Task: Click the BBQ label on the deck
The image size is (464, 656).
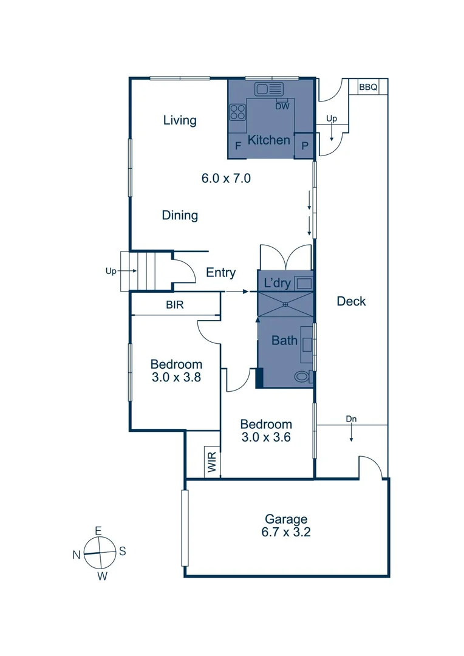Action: click(x=368, y=87)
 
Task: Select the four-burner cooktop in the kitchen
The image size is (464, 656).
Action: click(x=237, y=112)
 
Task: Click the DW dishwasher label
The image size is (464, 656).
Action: click(x=282, y=106)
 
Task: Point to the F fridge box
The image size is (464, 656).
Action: click(x=237, y=145)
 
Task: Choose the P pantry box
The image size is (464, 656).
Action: click(x=304, y=146)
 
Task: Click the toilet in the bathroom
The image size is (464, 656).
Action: click(x=302, y=376)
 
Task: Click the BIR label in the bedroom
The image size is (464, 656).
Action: click(x=175, y=306)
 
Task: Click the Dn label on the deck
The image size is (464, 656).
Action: click(x=351, y=419)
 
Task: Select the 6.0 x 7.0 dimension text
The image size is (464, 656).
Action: click(x=226, y=179)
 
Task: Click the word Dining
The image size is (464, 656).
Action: click(x=180, y=215)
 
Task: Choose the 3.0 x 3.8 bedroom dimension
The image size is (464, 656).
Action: click(x=176, y=377)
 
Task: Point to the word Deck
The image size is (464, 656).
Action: click(x=351, y=301)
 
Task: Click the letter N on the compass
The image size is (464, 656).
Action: click(x=77, y=554)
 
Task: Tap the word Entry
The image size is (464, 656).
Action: click(x=220, y=273)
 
